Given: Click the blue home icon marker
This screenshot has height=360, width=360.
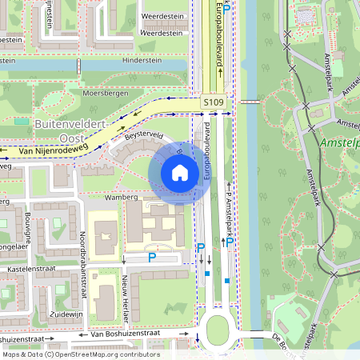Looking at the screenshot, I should (180, 173).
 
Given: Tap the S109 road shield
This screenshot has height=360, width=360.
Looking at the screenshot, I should (213, 103).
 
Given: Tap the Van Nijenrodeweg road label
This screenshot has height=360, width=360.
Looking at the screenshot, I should (53, 150).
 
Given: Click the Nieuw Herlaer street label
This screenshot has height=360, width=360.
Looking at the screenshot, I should (124, 297).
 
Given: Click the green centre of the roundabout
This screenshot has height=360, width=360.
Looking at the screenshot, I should (218, 329).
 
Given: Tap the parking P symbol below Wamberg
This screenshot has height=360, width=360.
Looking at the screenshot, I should (152, 258).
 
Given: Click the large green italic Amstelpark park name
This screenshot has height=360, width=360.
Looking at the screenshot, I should (339, 142).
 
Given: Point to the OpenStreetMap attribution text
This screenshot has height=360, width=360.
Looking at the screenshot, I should (80, 354).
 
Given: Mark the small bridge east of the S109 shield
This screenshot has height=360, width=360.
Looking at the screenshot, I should (250, 102).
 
